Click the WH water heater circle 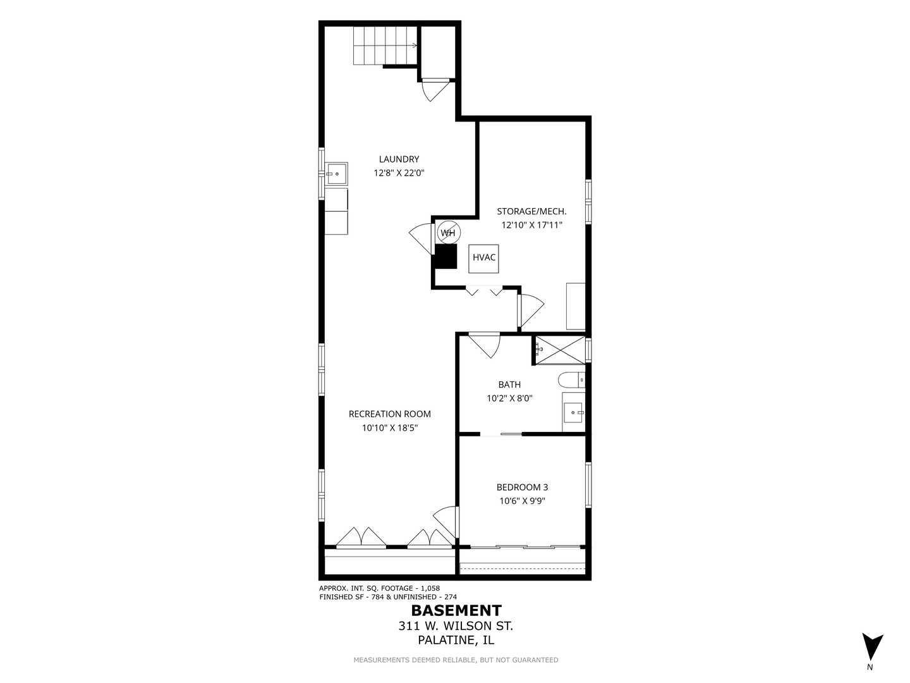(448, 233)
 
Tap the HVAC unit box (483, 259)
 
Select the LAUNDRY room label (399, 159)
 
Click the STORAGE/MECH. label (531, 211)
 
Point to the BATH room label (509, 385)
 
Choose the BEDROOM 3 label (522, 487)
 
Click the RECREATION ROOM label (390, 414)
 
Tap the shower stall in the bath (560, 350)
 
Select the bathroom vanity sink (574, 412)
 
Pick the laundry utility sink (336, 173)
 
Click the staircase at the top (385, 46)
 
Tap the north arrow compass (873, 647)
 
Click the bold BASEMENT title (456, 610)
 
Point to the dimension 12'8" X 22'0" (399, 173)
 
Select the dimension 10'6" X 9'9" (522, 501)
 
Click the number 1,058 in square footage (430, 588)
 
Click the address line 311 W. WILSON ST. (456, 626)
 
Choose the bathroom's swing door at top (484, 345)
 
